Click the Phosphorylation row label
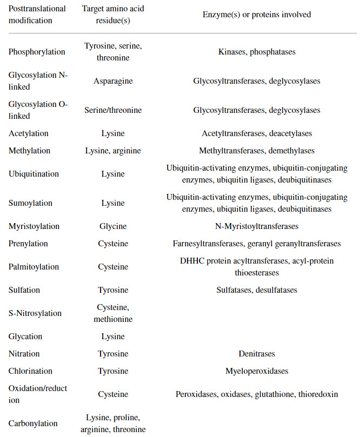pos(37,52)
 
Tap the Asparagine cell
pos(113,81)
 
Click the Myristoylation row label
pos(34,226)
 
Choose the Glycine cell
pos(113,226)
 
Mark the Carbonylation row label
pos(33,423)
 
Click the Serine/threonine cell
pos(113,110)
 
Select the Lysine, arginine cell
pos(113,151)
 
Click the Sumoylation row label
pos(30,203)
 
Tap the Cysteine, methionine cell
pos(113,313)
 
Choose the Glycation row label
pos(25,337)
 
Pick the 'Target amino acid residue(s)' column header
pos(113,15)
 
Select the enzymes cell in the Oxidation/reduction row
pos(257,394)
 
